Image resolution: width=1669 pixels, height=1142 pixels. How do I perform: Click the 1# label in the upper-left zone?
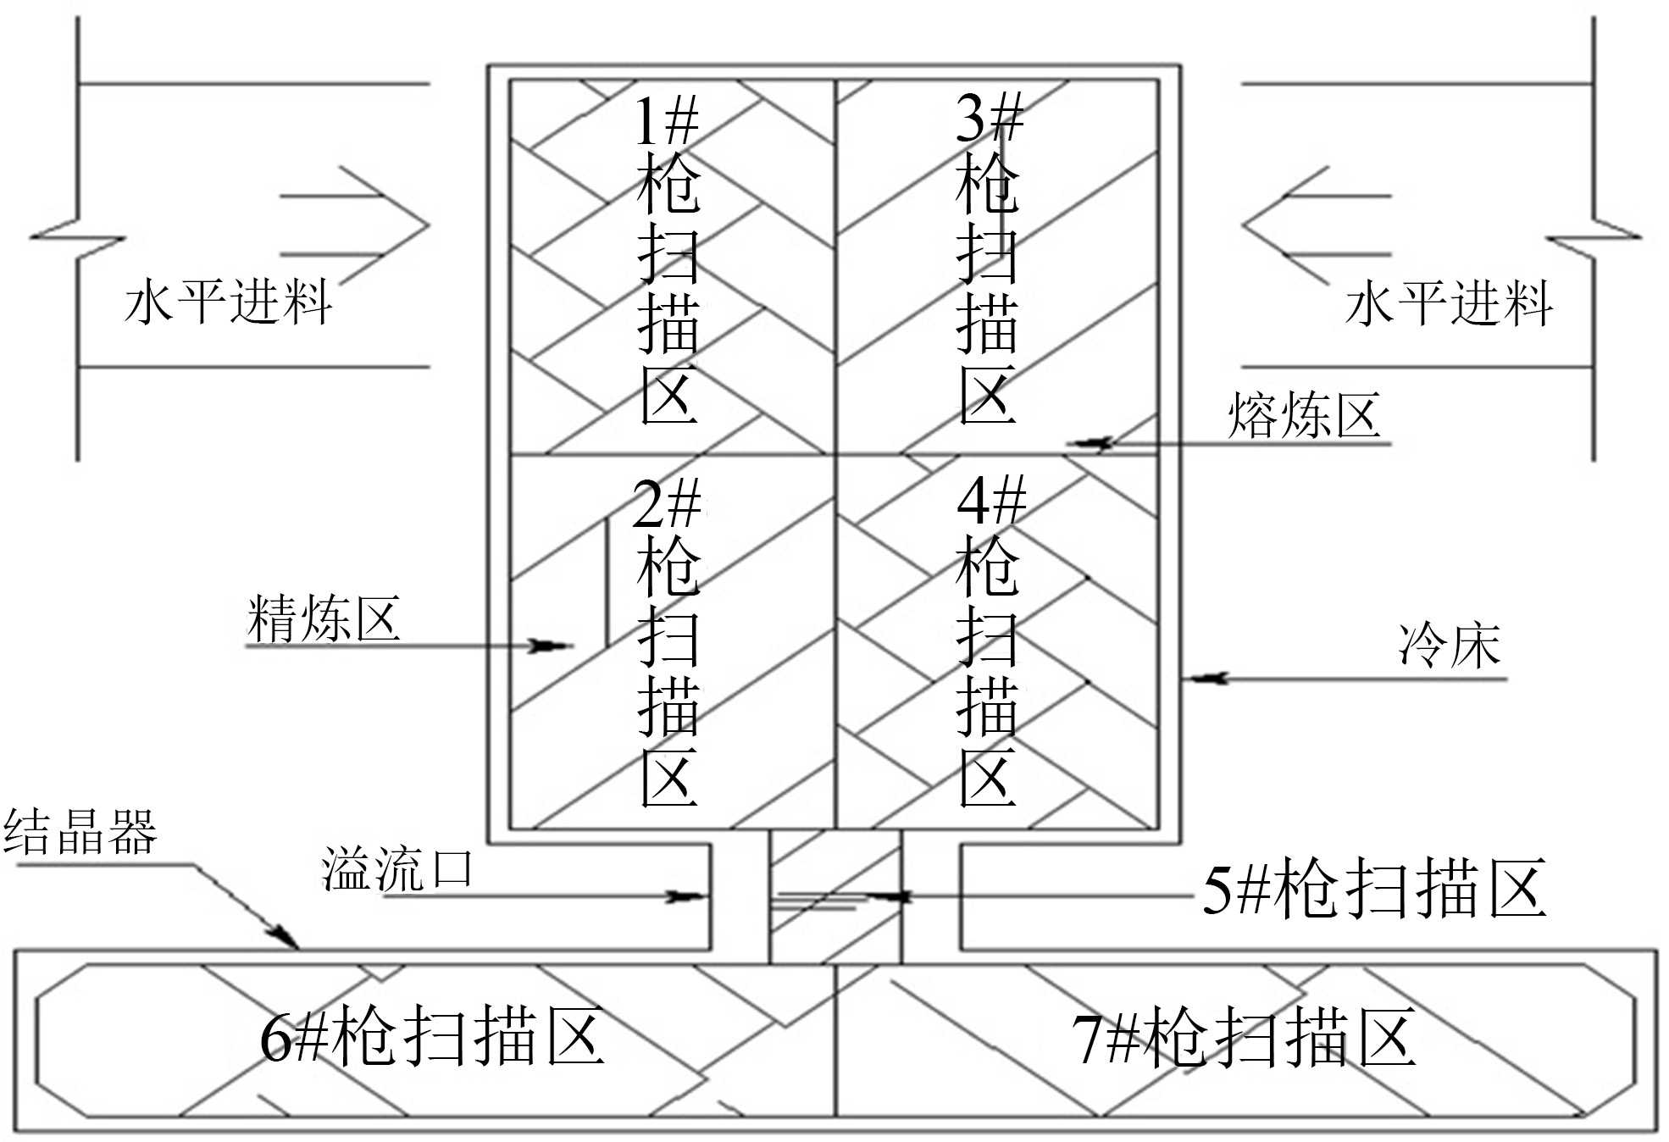pyautogui.click(x=667, y=121)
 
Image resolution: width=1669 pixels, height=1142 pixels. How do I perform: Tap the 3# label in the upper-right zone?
pyautogui.click(x=989, y=117)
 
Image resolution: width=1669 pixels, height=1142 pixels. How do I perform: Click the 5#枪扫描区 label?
pyautogui.click(x=1374, y=889)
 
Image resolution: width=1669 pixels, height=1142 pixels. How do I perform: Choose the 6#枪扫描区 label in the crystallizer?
pyautogui.click(x=431, y=1035)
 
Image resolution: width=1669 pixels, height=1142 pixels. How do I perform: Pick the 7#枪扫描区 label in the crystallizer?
pyautogui.click(x=1243, y=1038)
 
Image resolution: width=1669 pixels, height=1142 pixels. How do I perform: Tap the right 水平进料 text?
pyautogui.click(x=1449, y=303)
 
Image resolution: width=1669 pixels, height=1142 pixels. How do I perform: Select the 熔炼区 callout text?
pyautogui.click(x=1304, y=415)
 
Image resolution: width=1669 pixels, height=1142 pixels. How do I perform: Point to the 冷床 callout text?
pyautogui.click(x=1450, y=646)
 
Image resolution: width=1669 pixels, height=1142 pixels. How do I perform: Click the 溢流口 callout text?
pyautogui.click(x=396, y=869)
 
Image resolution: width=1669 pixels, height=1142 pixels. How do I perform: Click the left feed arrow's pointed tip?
pyautogui.click(x=428, y=225)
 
